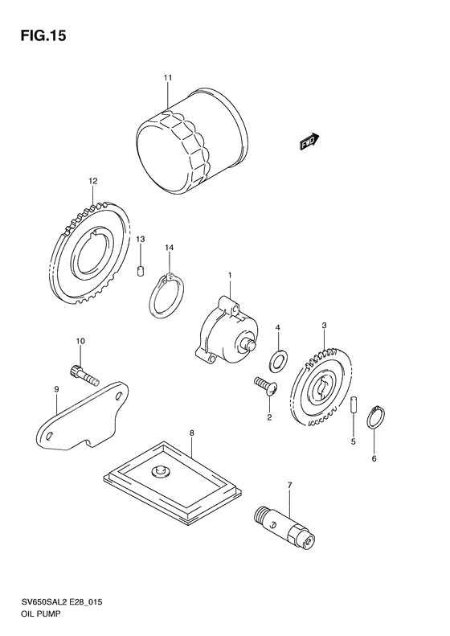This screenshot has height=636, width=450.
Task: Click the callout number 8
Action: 192,433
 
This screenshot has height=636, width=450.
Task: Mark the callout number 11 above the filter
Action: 168,77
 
